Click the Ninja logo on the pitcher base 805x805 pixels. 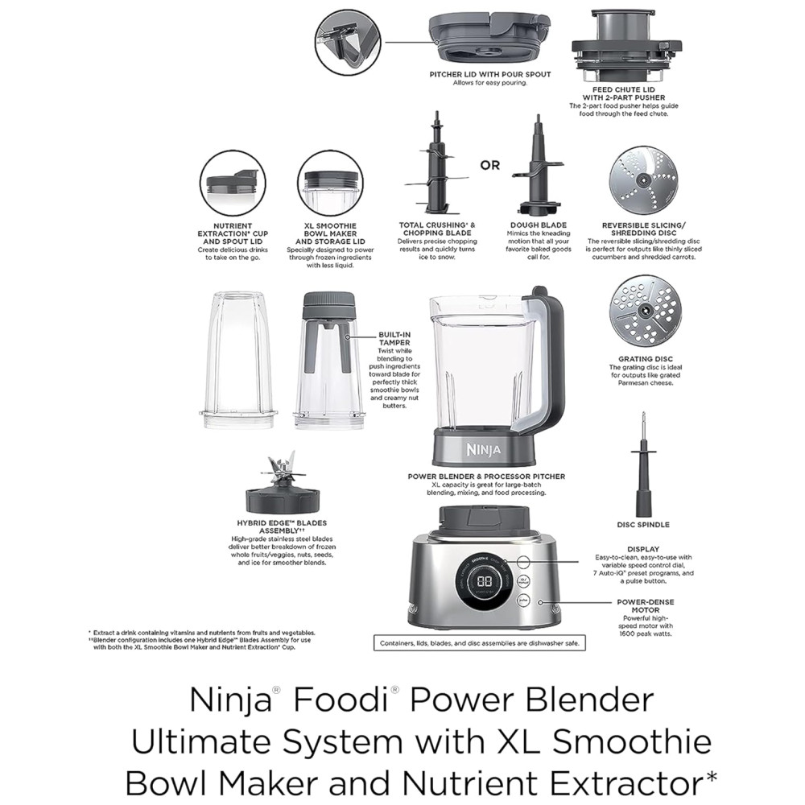[484, 450]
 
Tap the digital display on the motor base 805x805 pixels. [485, 582]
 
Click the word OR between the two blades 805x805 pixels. [489, 165]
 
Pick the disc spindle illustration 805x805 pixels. [644, 464]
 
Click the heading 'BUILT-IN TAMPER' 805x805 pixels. [394, 338]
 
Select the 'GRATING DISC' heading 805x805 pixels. [646, 359]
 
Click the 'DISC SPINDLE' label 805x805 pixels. [643, 525]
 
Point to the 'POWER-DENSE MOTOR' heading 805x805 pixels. [646, 606]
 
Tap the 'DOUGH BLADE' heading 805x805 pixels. [538, 225]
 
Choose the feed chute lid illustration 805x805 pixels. [627, 45]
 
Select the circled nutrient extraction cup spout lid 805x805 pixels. [233, 184]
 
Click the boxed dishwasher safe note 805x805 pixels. [480, 642]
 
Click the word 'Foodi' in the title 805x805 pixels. [341, 700]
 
